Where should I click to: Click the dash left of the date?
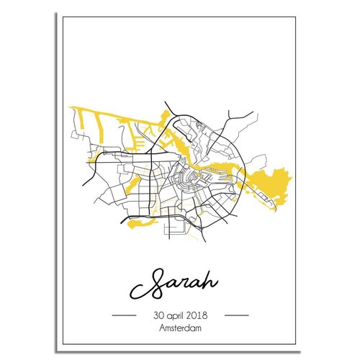tap(125, 316)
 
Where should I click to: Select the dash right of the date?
tap(236, 316)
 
